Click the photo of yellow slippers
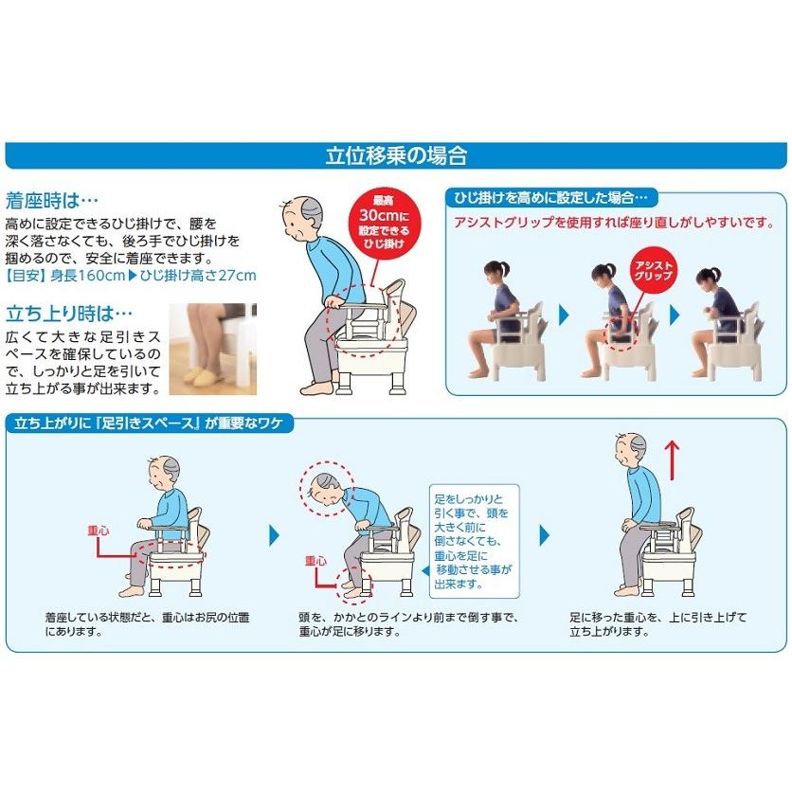(212, 349)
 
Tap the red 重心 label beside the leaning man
(315, 561)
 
